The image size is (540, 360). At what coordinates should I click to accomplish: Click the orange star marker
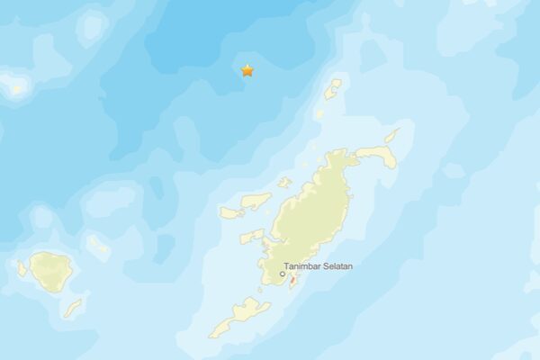pos(247,70)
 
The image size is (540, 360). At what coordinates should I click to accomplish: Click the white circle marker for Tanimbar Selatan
pos(282,275)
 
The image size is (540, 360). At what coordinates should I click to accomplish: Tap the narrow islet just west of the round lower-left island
pos(22,268)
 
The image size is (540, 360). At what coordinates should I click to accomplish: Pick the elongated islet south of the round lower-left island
pos(73,309)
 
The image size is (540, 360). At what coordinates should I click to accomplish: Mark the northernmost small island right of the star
pos(333,88)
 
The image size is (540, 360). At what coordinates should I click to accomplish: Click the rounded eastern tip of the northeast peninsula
pos(387,157)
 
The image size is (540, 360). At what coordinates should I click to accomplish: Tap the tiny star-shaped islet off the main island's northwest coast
pos(284,183)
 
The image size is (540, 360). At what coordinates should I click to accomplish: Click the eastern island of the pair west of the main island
pos(256,201)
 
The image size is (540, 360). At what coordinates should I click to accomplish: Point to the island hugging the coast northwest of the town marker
pos(252,238)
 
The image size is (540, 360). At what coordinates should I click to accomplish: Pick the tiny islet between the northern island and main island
pos(319,114)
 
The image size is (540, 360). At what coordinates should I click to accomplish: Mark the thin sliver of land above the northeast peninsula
pos(391,136)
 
